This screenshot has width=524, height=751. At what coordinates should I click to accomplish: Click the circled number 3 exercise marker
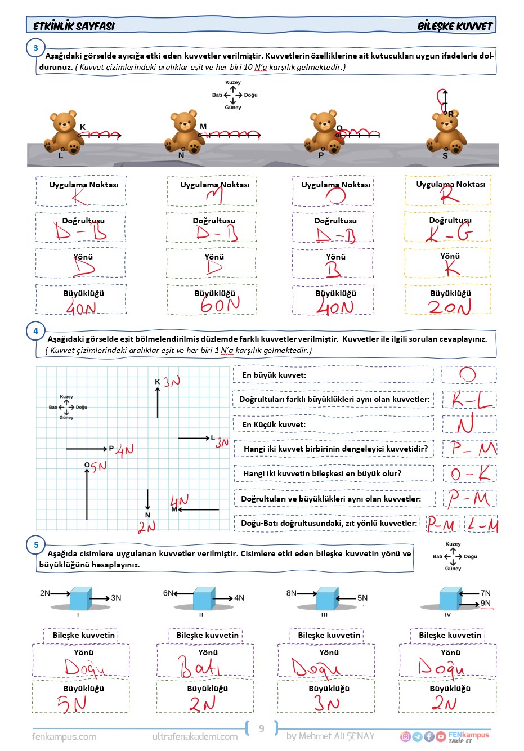click(35, 48)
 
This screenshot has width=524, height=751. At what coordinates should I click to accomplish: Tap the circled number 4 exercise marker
click(35, 331)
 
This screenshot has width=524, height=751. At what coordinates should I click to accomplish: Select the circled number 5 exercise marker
click(36, 544)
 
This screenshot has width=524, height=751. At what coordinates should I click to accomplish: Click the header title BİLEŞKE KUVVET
click(454, 26)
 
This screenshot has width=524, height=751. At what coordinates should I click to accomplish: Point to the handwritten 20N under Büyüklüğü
click(449, 307)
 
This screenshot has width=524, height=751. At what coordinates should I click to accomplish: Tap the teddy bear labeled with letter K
click(65, 132)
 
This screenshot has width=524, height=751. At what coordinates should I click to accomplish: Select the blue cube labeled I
click(80, 599)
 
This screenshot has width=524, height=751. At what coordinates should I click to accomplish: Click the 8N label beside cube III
click(291, 593)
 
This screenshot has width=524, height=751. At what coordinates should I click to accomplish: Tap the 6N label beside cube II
click(168, 593)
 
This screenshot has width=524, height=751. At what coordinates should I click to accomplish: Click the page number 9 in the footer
click(262, 728)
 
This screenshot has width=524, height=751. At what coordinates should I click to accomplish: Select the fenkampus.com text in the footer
click(64, 736)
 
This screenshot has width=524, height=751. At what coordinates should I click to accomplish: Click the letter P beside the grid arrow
click(111, 449)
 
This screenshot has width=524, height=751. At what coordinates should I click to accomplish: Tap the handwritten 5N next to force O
click(99, 467)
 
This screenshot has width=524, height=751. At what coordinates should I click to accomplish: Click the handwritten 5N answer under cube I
click(71, 704)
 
